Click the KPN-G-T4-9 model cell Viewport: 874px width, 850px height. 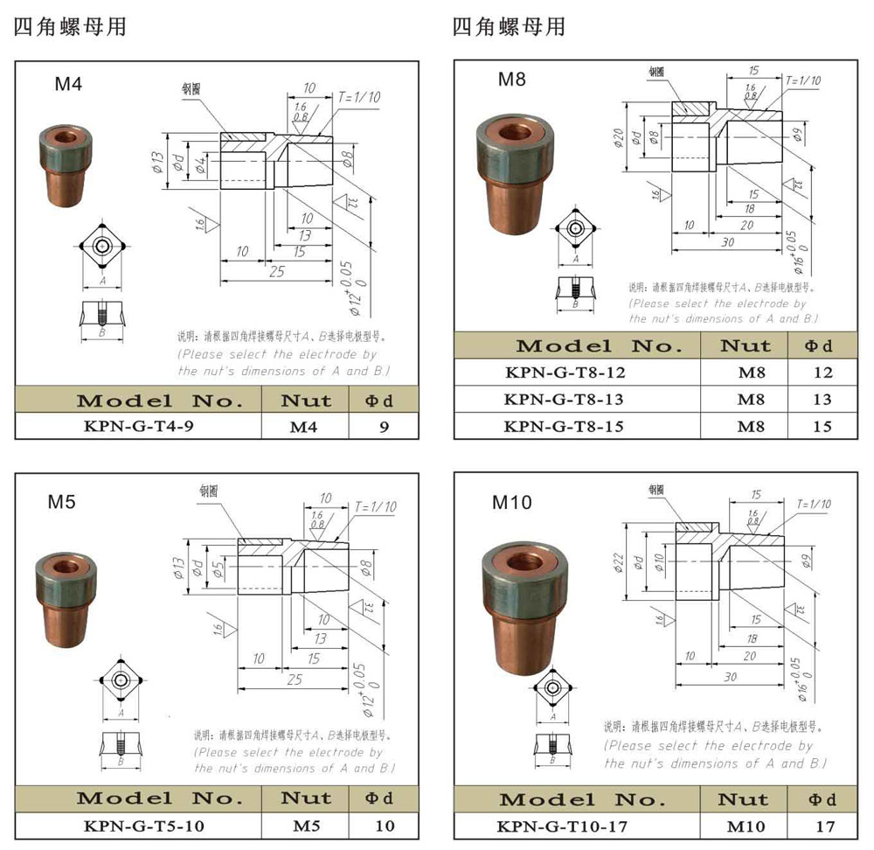click(139, 428)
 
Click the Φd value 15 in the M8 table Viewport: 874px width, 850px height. click(822, 427)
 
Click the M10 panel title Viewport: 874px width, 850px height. click(511, 502)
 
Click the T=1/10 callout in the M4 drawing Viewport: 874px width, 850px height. click(359, 96)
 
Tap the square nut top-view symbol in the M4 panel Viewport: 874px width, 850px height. click(103, 246)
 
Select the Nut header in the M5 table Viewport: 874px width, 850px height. click(306, 798)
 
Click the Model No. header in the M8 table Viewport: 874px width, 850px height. click(580, 345)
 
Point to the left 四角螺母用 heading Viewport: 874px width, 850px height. click(70, 27)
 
